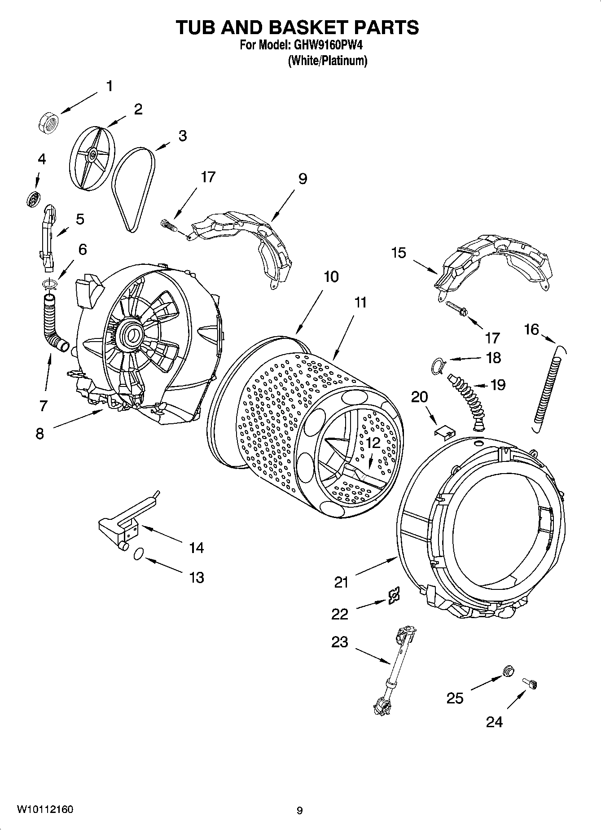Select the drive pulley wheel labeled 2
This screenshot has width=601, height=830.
tap(92, 155)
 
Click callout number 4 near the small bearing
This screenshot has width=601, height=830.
tap(41, 159)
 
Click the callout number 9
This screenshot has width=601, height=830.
tap(303, 179)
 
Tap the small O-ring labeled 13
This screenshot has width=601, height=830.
tap(139, 554)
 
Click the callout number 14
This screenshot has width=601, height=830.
tap(196, 547)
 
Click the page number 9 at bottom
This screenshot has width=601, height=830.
tap(299, 810)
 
